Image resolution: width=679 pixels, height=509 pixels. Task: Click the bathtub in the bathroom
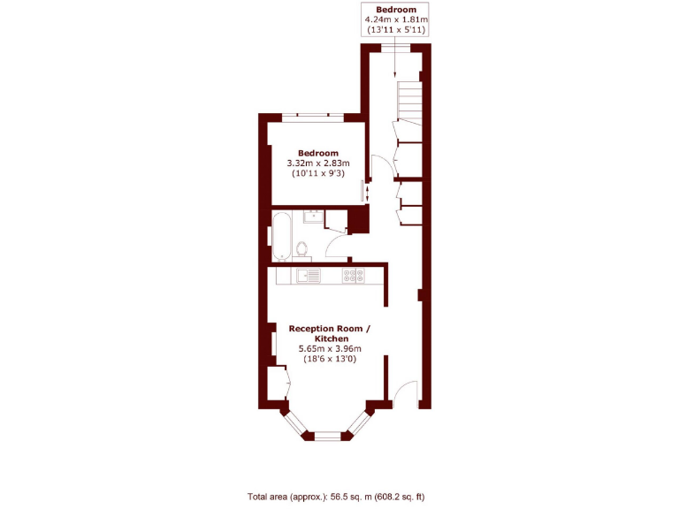pos(280,236)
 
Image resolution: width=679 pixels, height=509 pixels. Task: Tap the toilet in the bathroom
pos(302,247)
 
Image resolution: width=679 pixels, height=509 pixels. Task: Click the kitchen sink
pos(309,276)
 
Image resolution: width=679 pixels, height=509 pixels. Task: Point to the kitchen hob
pos(355,276)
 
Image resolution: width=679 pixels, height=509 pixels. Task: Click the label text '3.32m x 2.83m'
pos(318,163)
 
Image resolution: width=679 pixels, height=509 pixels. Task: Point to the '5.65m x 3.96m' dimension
pos(330,348)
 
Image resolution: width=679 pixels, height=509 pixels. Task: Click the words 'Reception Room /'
pos(330,329)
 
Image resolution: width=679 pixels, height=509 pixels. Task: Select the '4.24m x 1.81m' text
pos(396,19)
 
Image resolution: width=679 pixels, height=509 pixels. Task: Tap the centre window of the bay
pos(326,435)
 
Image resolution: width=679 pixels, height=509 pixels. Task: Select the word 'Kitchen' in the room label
pos(330,338)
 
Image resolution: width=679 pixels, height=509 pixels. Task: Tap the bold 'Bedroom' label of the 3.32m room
pos(318,153)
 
